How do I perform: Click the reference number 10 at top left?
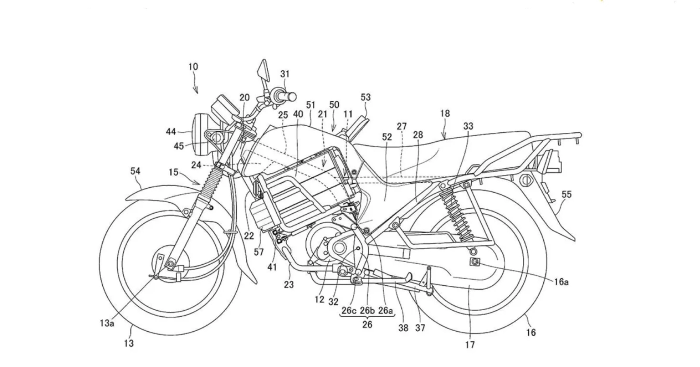pos(193,67)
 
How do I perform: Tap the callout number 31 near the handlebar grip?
pos(285,74)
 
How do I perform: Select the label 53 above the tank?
pos(365,97)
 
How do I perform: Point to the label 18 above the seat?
pos(444,114)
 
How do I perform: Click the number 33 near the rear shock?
pos(468,126)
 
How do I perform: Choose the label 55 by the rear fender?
pos(566,194)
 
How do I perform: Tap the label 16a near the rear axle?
pos(561,282)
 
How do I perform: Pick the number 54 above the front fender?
pos(135,172)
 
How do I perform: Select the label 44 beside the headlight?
pos(171,132)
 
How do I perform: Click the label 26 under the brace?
pos(367,325)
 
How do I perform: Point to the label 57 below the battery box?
pos(259,252)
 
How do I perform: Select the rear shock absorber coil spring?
pos(454,213)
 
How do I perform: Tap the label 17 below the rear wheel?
pos(470,345)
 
